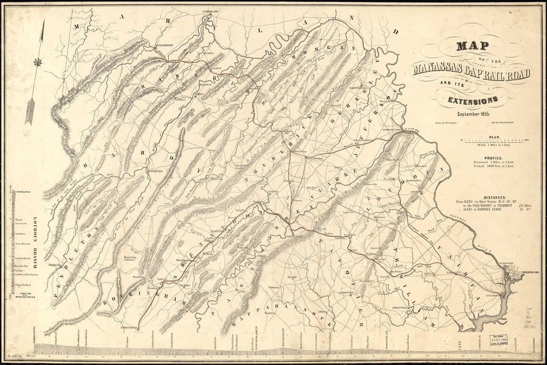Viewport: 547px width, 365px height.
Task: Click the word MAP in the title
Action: click(472, 45)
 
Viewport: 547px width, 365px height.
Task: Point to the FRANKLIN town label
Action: click(54, 265)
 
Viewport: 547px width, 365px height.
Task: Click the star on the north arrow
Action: click(38, 63)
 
